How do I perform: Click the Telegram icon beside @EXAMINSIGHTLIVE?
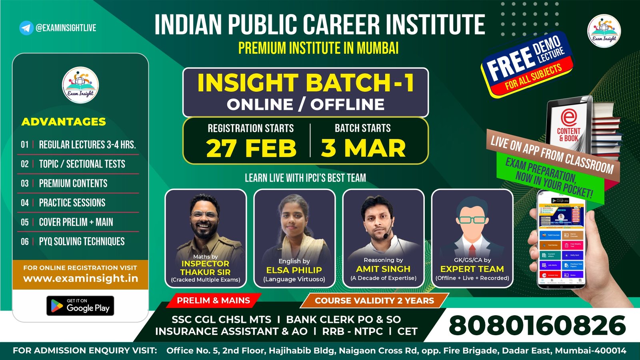(x=26, y=28)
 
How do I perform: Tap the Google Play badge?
(x=80, y=306)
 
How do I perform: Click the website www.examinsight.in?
(x=80, y=278)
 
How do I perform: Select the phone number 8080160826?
(x=537, y=326)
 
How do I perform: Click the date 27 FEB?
(x=251, y=148)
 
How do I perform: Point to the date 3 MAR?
(x=363, y=148)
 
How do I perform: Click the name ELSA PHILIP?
(x=294, y=270)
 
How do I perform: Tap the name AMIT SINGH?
(x=383, y=269)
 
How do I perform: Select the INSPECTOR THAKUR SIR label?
(x=205, y=268)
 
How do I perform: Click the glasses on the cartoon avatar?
(x=472, y=220)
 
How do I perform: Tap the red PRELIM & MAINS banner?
(x=213, y=300)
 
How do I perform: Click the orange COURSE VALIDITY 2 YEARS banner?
(x=374, y=301)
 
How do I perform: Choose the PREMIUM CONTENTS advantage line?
(x=73, y=184)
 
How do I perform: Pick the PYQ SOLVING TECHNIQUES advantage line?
(x=82, y=242)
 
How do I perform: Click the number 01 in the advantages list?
(x=25, y=145)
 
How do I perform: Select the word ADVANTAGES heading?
(x=64, y=122)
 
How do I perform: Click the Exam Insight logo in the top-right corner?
(x=604, y=31)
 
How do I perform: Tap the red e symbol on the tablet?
(x=568, y=118)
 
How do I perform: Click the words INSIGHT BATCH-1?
(x=306, y=83)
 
